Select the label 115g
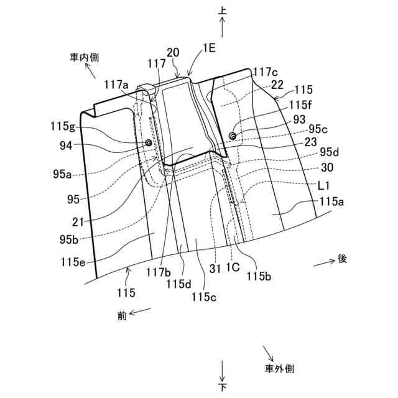click(62, 126)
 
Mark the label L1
click(324, 185)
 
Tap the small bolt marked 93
click(233, 136)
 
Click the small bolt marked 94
click(149, 144)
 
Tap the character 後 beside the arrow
click(342, 259)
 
